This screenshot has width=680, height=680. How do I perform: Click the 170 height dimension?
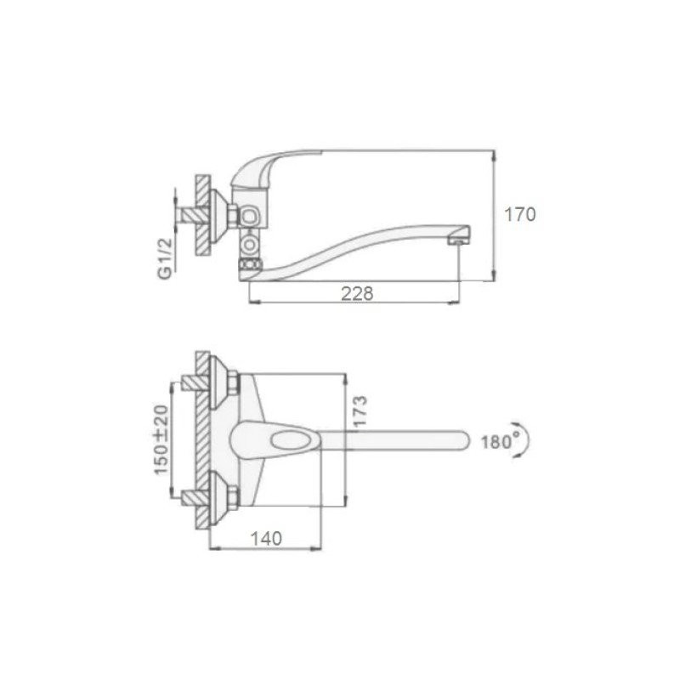(x=520, y=215)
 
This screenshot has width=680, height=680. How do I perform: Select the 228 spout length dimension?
(x=357, y=293)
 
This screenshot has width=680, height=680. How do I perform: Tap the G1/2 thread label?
(x=165, y=258)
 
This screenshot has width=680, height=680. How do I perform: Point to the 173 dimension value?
(x=360, y=411)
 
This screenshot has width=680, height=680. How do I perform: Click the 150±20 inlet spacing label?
(x=161, y=440)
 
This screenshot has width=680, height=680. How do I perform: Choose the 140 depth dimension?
(x=266, y=539)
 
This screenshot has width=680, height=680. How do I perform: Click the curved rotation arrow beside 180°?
(x=525, y=439)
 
